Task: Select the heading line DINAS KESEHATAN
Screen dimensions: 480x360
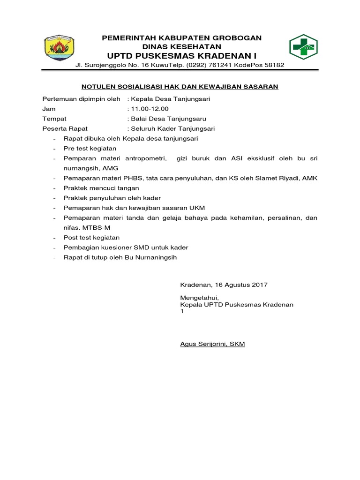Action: point(182,47)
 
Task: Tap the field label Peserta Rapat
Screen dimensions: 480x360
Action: point(65,128)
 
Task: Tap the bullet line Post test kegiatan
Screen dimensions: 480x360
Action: point(91,238)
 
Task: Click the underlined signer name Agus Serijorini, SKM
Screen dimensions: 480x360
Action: point(212,344)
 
